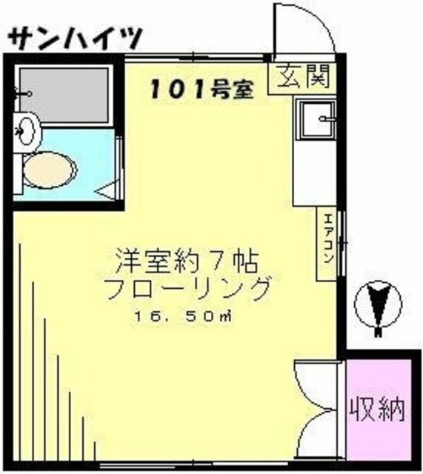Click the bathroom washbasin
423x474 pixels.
tap(27, 133)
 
